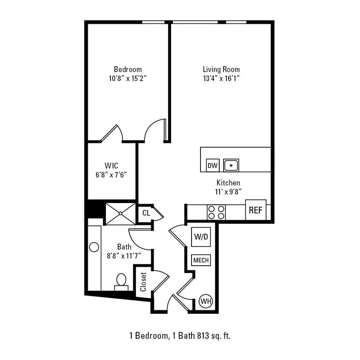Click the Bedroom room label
pyautogui.click(x=128, y=69)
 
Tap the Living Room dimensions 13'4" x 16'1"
pyautogui.click(x=221, y=78)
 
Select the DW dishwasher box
pyautogui.click(x=212, y=165)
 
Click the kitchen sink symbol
pyautogui.click(x=231, y=165)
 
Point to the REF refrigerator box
pyautogui.click(x=255, y=210)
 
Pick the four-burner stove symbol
pyautogui.click(x=216, y=212)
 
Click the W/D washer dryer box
pyautogui.click(x=200, y=236)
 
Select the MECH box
pyautogui.click(x=200, y=260)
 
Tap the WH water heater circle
pyautogui.click(x=206, y=302)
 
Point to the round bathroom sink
pyautogui.click(x=94, y=247)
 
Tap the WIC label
pyautogui.click(x=111, y=165)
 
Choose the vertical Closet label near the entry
pyautogui.click(x=143, y=282)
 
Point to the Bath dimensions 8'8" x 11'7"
pyautogui.click(x=124, y=256)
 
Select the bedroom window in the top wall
pyautogui.click(x=154, y=22)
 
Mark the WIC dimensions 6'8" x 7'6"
pyautogui.click(x=111, y=174)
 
